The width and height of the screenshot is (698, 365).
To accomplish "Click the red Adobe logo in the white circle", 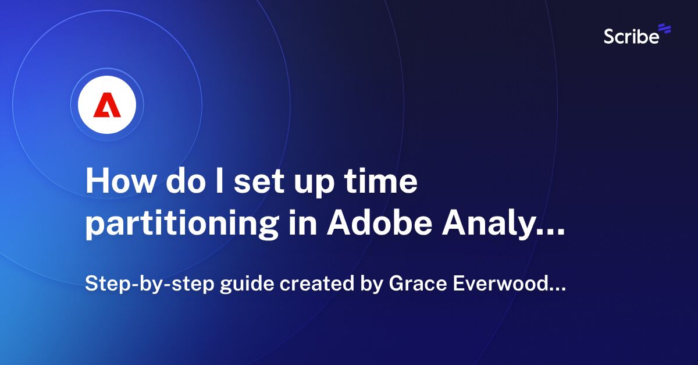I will (107, 105).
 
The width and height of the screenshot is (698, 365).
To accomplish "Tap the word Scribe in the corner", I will (631, 36).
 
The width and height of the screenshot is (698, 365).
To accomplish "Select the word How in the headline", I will (116, 182).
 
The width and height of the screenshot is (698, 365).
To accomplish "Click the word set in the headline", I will (259, 182).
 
